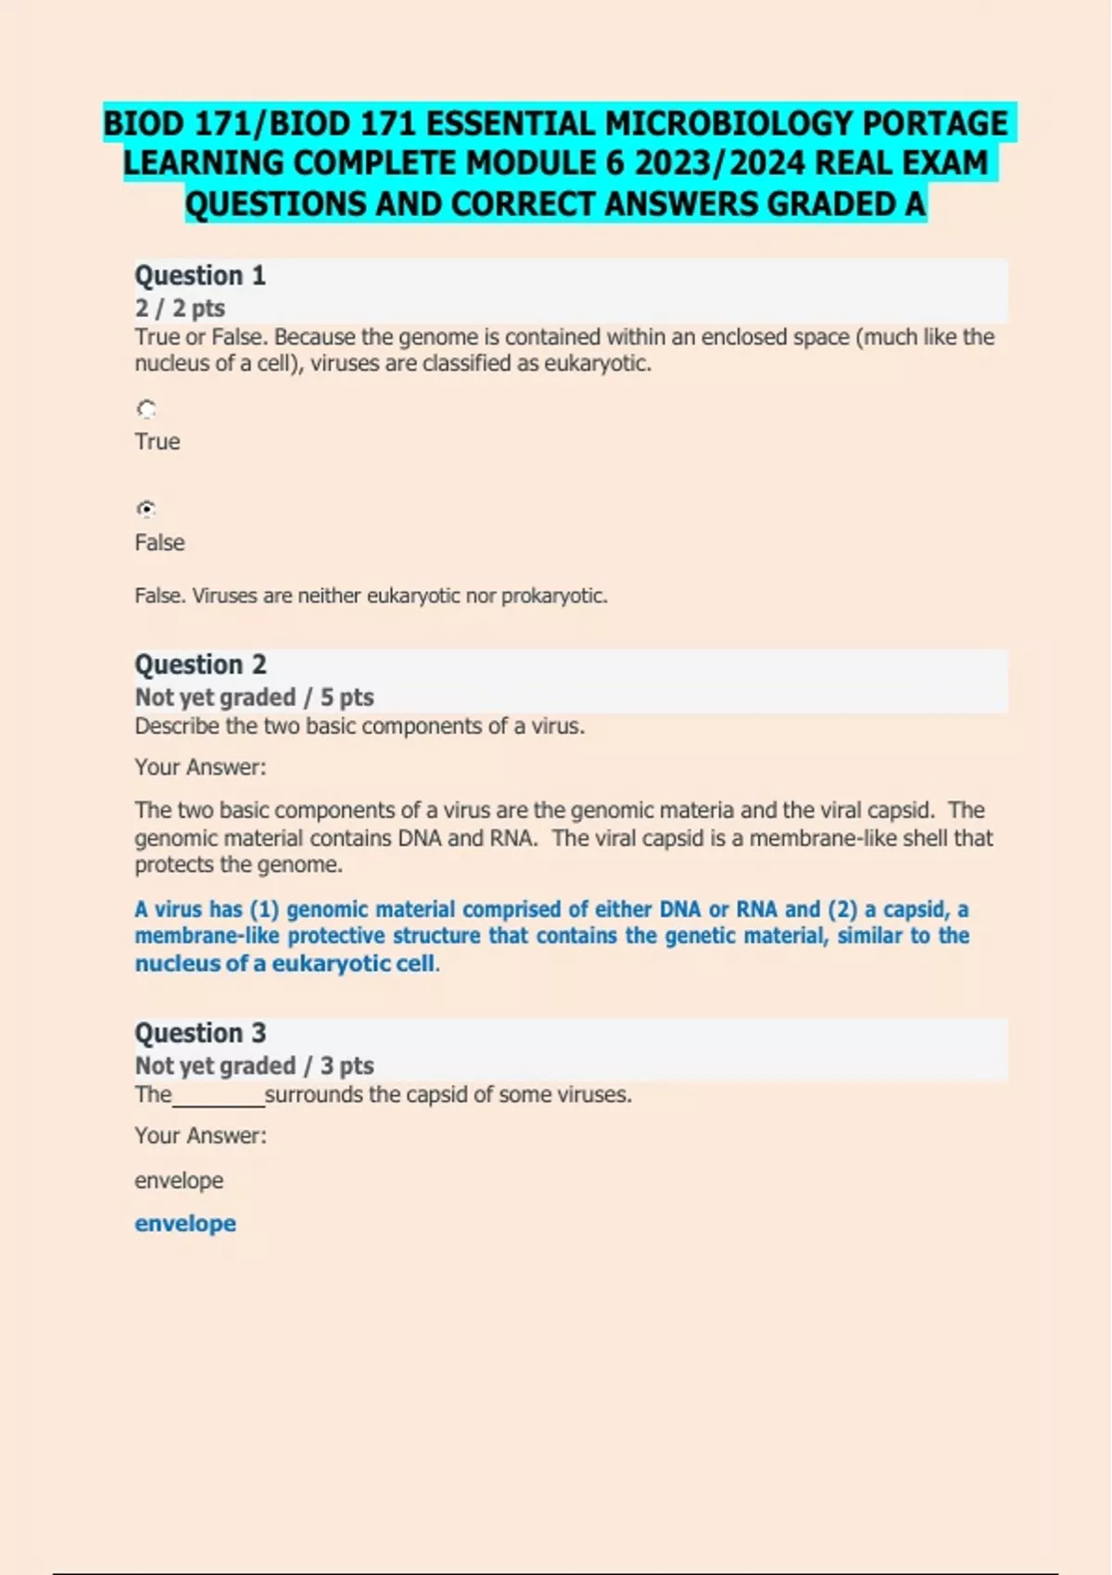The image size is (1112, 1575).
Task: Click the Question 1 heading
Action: point(200,276)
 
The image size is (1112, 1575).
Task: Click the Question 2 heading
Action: point(200,665)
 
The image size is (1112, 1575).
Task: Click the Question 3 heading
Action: point(200,1033)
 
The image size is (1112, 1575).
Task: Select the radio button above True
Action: point(146,409)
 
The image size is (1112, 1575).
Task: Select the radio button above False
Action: point(146,509)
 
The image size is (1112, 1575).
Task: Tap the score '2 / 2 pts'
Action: point(180,309)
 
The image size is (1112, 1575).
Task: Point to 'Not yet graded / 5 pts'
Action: point(254,698)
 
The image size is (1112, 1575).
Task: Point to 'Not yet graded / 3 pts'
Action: point(254,1066)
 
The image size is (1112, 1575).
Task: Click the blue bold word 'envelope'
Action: point(185,1224)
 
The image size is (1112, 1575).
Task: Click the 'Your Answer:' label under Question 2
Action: point(200,767)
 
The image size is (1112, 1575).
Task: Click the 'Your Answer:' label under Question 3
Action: point(200,1136)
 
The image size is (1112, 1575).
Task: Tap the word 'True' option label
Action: point(158,442)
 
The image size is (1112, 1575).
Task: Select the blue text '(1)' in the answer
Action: point(264,910)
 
